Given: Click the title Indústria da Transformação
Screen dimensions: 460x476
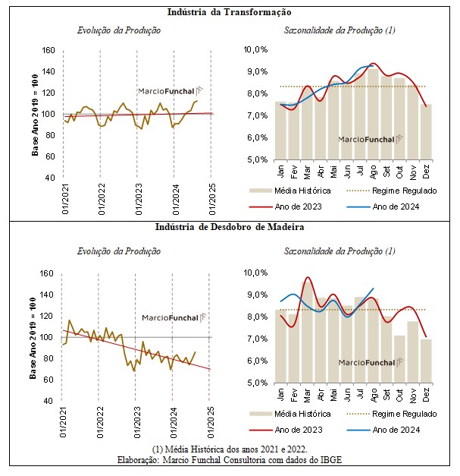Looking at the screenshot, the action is pyautogui.click(x=230, y=12).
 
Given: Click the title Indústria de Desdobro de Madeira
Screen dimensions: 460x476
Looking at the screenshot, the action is pyautogui.click(x=230, y=227).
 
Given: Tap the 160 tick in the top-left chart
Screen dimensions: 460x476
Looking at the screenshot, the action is pyautogui.click(x=49, y=50).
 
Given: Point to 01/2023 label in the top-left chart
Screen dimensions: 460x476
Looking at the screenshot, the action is pyautogui.click(x=139, y=199).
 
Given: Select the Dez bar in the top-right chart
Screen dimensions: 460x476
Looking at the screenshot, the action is pyautogui.click(x=426, y=132).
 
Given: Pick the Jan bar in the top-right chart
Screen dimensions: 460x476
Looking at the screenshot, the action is pyautogui.click(x=280, y=131).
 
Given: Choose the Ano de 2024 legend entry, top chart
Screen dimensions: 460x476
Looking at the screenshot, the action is pyautogui.click(x=383, y=206).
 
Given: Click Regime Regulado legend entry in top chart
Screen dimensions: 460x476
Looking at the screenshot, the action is pyautogui.click(x=392, y=191).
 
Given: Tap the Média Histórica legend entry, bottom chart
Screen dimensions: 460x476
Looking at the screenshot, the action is pyautogui.click(x=289, y=414).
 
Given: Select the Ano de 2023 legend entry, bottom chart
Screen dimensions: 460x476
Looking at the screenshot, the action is pyautogui.click(x=286, y=430).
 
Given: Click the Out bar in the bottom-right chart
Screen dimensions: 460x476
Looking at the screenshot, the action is pyautogui.click(x=399, y=359).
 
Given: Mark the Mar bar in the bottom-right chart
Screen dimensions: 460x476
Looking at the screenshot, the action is pyautogui.click(x=307, y=333).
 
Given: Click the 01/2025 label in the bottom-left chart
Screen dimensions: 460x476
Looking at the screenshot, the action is pyautogui.click(x=211, y=422).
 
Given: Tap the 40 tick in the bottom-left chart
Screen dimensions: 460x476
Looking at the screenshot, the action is pyautogui.click(x=49, y=401).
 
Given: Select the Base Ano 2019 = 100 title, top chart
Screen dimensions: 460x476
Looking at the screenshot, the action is pyautogui.click(x=35, y=115).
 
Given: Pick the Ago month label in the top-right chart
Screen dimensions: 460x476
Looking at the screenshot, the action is pyautogui.click(x=373, y=172).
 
